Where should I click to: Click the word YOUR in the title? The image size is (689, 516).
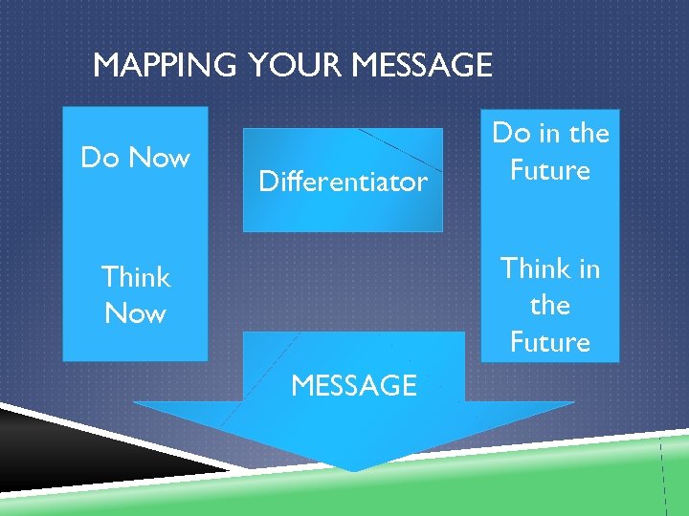click(x=296, y=66)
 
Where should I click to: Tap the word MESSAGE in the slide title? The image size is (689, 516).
click(x=421, y=66)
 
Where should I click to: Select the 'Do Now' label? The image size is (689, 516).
click(x=135, y=157)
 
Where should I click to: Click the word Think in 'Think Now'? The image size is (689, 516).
click(x=135, y=277)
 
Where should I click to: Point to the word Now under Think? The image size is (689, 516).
click(x=135, y=313)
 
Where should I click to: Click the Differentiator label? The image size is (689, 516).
click(x=343, y=182)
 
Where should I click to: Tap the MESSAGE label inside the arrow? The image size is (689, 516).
click(x=353, y=385)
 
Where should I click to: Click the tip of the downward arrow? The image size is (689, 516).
click(x=355, y=468)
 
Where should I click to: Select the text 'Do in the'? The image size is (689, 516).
click(x=550, y=133)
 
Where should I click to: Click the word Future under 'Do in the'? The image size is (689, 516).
click(x=550, y=170)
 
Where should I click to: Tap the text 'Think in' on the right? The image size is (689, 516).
click(x=550, y=269)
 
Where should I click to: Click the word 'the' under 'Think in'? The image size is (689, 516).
click(x=550, y=305)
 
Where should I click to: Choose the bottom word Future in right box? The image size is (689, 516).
click(x=550, y=341)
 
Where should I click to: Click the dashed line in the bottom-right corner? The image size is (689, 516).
click(x=663, y=478)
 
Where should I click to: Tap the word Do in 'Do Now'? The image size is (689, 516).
click(x=98, y=157)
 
